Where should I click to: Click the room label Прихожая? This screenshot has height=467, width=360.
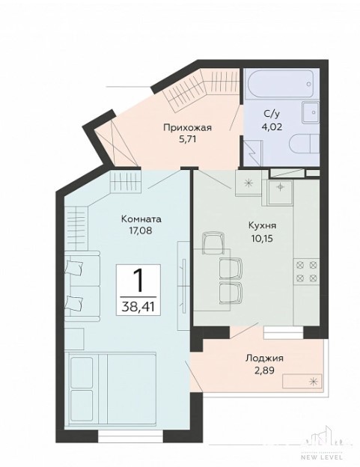[187, 128]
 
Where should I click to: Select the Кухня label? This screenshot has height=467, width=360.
[263, 225]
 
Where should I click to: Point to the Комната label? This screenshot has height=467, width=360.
[141, 219]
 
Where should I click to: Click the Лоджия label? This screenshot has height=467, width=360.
[264, 358]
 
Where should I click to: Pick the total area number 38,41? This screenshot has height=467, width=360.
[138, 306]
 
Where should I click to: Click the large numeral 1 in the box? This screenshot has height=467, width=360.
[138, 281]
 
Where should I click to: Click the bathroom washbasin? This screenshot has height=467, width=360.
[311, 112]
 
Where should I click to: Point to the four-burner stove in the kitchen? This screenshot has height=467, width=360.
[306, 272]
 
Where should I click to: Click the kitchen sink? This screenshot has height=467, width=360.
[280, 192]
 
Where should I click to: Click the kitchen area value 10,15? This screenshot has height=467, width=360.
[263, 238]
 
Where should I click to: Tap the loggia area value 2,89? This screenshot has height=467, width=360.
[263, 370]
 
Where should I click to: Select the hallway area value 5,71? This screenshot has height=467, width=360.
[187, 139]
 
